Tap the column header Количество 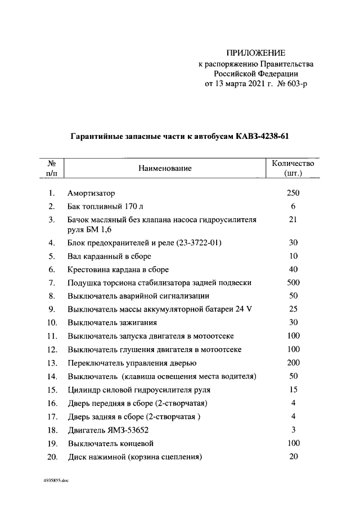(x=293, y=163)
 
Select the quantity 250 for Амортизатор (x=293, y=193)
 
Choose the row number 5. (x=51, y=256)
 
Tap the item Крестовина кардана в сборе (x=118, y=269)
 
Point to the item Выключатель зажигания (x=112, y=322)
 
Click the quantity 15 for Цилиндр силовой (x=293, y=389)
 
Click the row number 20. (x=51, y=457)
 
